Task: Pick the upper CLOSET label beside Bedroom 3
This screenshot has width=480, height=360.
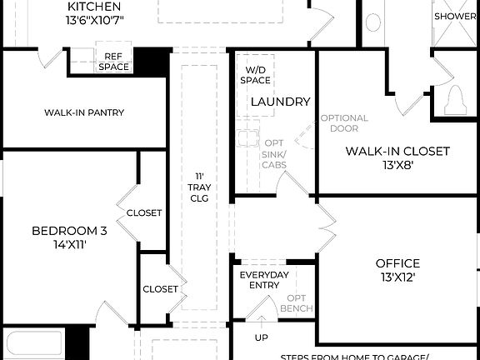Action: click(x=144, y=213)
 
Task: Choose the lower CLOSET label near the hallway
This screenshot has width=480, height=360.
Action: click(x=160, y=289)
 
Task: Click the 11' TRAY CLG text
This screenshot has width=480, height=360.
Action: click(x=199, y=187)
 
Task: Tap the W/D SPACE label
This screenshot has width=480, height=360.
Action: click(x=255, y=75)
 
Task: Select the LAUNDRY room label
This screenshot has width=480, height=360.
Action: click(x=280, y=102)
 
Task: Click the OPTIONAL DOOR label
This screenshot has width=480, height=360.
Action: click(x=344, y=123)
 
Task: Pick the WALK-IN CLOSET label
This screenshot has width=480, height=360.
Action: click(x=397, y=151)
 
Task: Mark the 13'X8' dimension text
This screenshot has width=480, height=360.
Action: click(x=397, y=165)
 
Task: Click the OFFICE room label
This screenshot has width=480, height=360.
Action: click(x=397, y=263)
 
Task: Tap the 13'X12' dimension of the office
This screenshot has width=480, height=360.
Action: click(x=397, y=277)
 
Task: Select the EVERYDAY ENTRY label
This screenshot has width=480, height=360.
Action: click(x=264, y=281)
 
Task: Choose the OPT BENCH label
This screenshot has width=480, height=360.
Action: click(x=298, y=303)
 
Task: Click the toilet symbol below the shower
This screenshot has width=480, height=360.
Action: click(x=456, y=102)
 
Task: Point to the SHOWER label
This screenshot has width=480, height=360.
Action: click(x=455, y=16)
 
